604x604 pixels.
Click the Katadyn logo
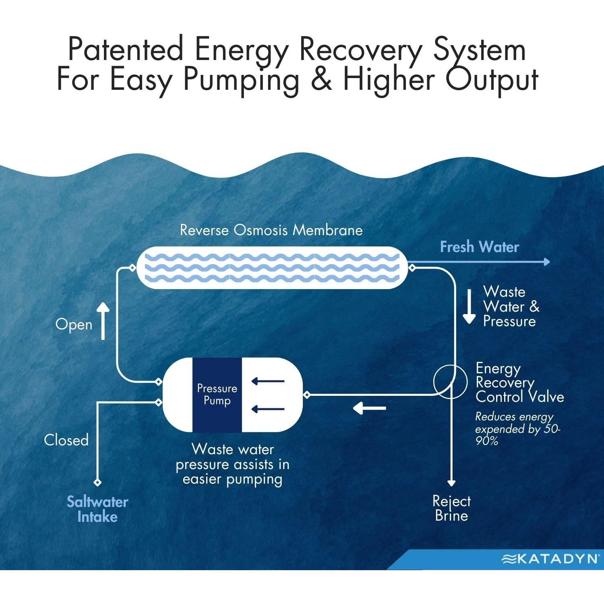pyautogui.click(x=550, y=558)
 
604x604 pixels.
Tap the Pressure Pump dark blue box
pyautogui.click(x=217, y=395)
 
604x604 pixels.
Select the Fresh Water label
pyautogui.click(x=479, y=247)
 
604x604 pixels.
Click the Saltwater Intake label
pyautogui.click(x=97, y=509)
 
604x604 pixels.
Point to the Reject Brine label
pyautogui.click(x=451, y=509)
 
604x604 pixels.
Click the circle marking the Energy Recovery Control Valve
pyautogui.click(x=450, y=381)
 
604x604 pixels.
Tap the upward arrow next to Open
pyautogui.click(x=103, y=321)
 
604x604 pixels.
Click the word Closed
pyautogui.click(x=66, y=440)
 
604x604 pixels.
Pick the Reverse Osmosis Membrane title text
pyautogui.click(x=271, y=230)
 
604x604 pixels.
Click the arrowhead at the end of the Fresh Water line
pyautogui.click(x=546, y=262)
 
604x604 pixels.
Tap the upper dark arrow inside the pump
pyautogui.click(x=268, y=381)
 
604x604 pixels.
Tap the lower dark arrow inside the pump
pyautogui.click(x=268, y=410)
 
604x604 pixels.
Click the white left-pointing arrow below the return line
pyautogui.click(x=369, y=408)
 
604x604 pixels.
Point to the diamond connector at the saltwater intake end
pyautogui.click(x=97, y=482)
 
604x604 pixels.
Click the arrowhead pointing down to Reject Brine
pyautogui.click(x=451, y=483)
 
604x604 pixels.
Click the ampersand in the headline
pyautogui.click(x=321, y=79)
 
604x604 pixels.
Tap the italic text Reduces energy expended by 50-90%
pyautogui.click(x=517, y=428)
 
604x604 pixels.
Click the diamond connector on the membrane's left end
pyautogui.click(x=132, y=268)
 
